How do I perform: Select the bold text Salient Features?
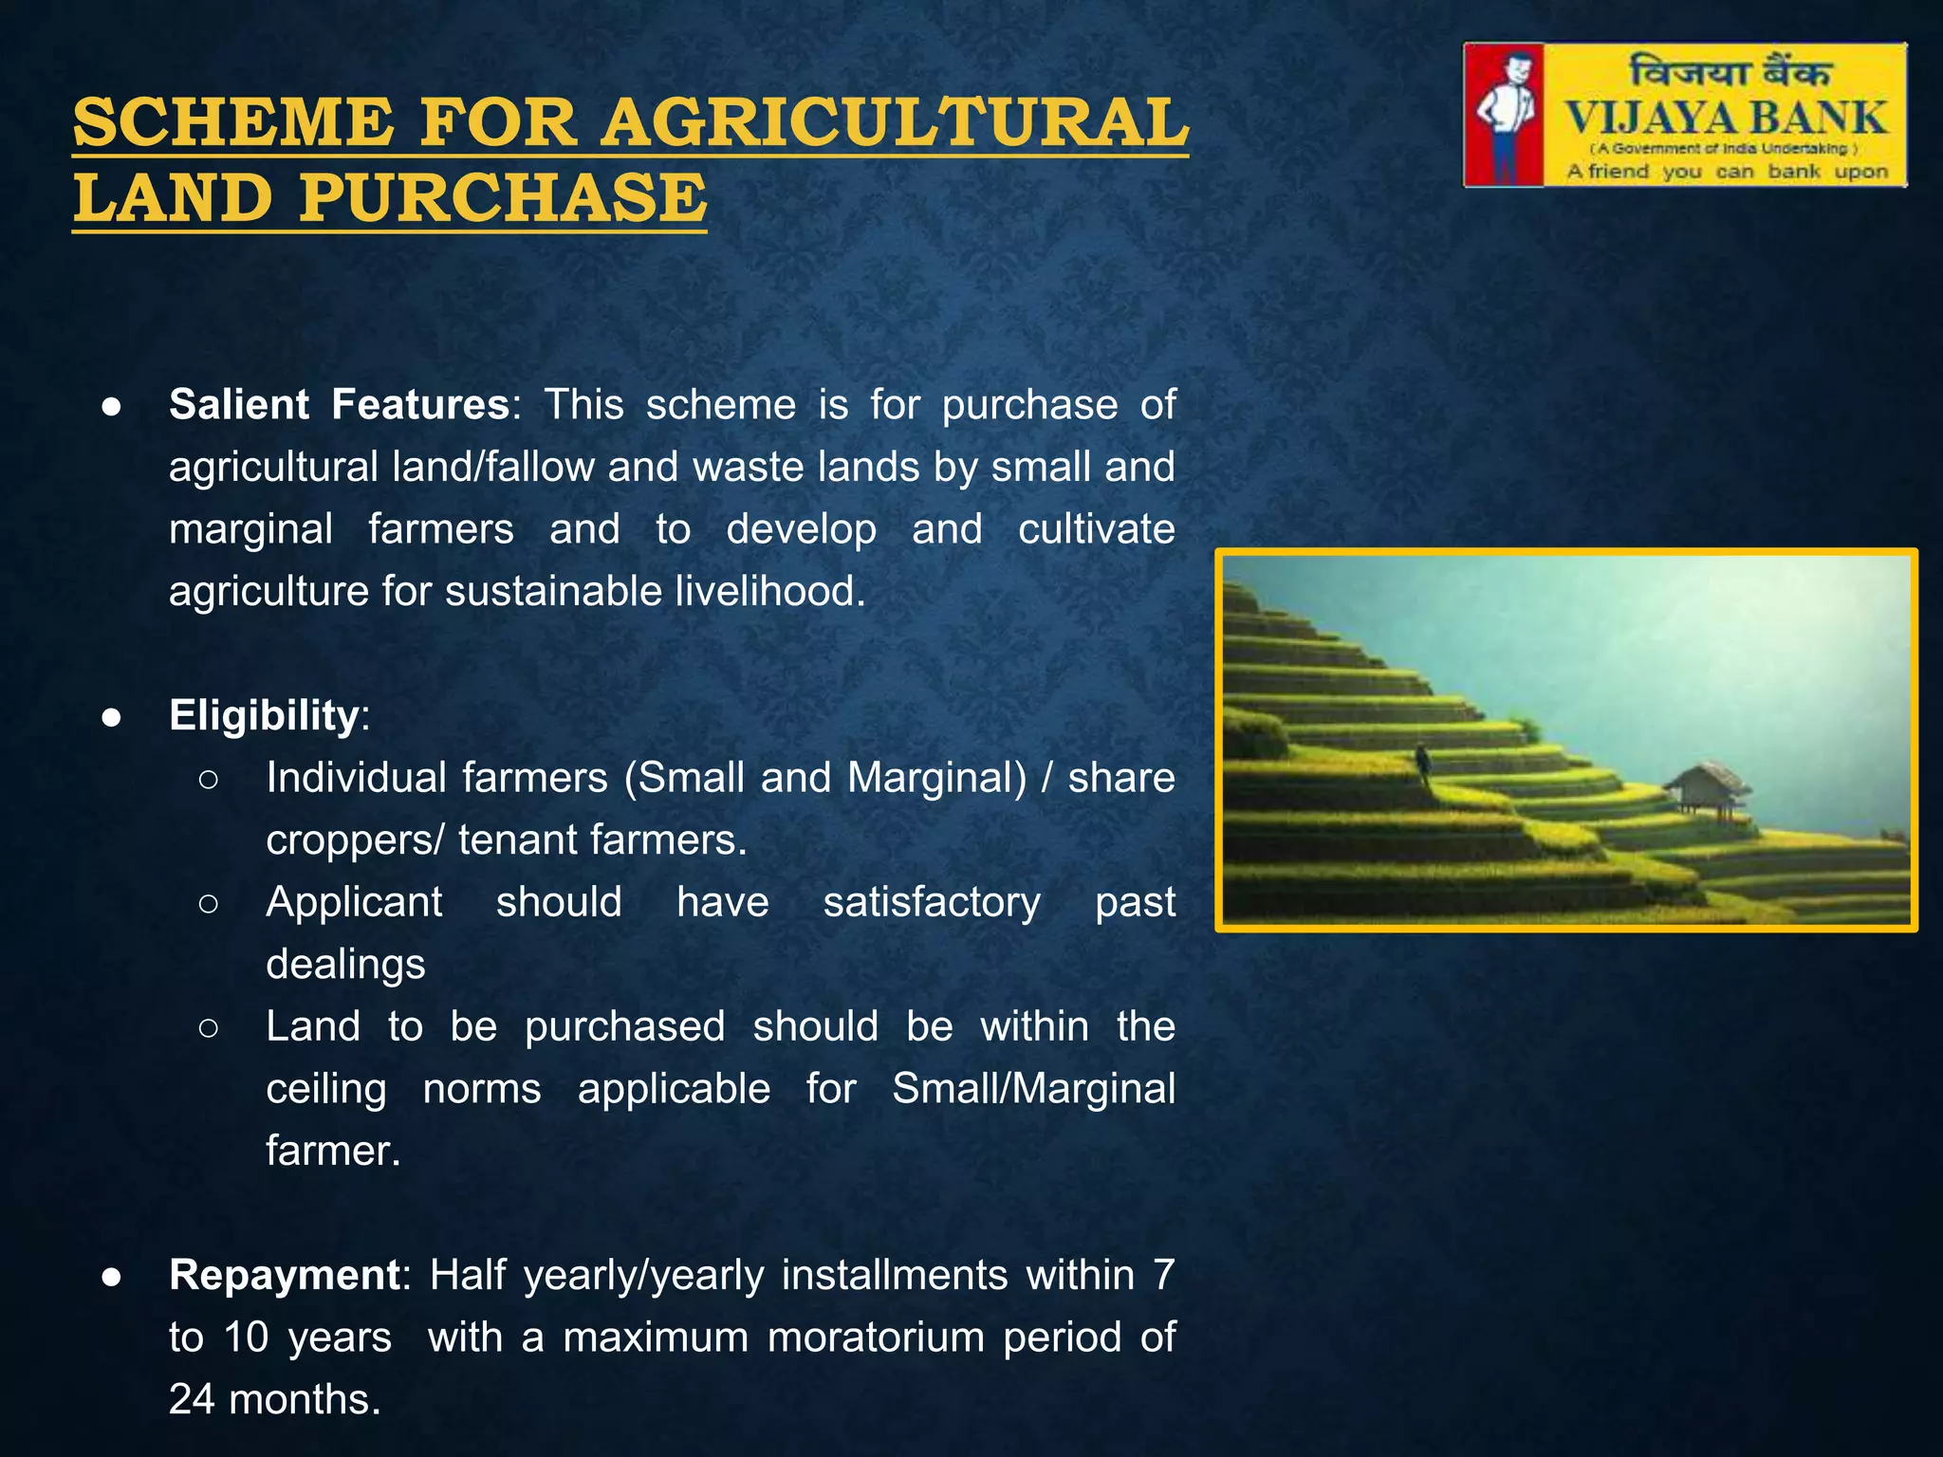pos(339,405)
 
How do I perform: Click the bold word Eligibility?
pos(263,715)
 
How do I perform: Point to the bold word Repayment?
pos(285,1275)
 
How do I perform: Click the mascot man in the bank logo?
pos(1505,115)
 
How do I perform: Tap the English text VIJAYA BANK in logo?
pos(1726,119)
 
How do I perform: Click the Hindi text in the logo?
pos(1729,72)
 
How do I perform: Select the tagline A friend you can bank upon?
pos(1727,172)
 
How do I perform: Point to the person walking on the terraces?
pos(1422,762)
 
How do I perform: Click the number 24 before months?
pos(193,1399)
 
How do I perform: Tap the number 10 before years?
pos(247,1337)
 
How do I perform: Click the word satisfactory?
pos(931,902)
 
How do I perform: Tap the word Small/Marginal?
pos(1033,1089)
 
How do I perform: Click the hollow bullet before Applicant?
pos(209,903)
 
